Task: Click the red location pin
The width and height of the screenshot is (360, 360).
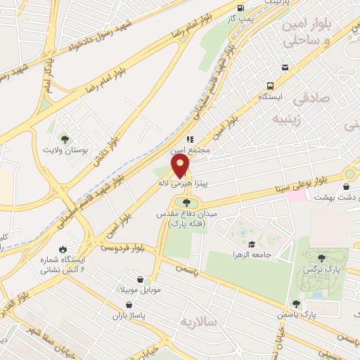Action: (180, 166)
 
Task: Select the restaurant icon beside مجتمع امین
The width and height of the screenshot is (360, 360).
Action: (190, 139)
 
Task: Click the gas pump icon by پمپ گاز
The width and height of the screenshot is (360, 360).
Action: (241, 8)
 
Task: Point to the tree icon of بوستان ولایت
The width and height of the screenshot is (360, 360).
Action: (65, 139)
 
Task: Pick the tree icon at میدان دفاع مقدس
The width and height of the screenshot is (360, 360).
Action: (186, 202)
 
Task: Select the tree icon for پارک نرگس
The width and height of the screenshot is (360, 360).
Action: (322, 258)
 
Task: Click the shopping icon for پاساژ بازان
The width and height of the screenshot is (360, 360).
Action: (129, 305)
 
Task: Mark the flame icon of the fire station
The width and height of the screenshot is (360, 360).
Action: (63, 249)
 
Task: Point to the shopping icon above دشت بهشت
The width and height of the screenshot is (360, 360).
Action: (346, 186)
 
